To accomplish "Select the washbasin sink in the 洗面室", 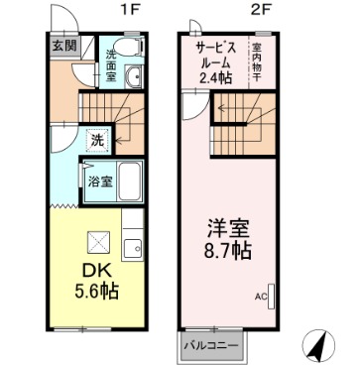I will (133, 83).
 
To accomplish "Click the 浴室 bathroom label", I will (99, 182).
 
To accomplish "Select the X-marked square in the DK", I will (98, 242).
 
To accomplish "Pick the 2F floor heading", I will (260, 10).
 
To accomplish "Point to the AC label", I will (261, 296).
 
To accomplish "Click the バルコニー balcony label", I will (209, 345).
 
